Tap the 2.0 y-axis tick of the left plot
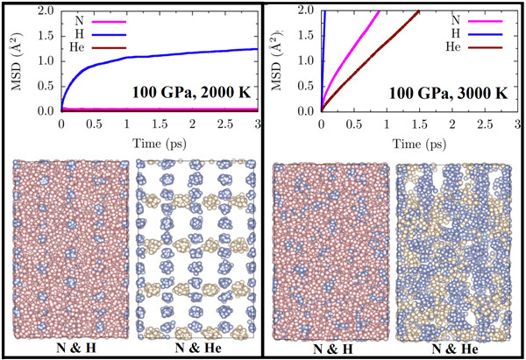(x=47, y=10)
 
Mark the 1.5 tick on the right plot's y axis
(x=308, y=35)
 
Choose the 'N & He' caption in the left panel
(x=195, y=349)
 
